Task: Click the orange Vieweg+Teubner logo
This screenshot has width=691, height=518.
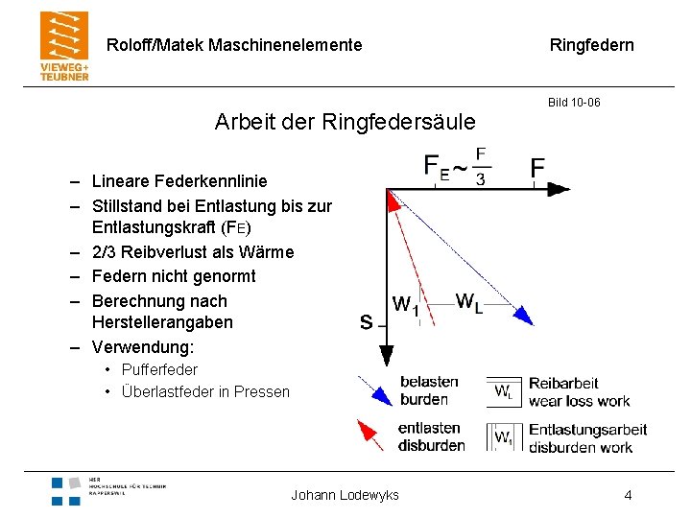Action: (64, 46)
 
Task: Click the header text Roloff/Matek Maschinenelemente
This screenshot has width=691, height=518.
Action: (234, 45)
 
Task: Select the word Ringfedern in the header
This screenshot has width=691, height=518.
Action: (591, 45)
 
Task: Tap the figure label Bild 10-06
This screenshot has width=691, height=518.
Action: (574, 102)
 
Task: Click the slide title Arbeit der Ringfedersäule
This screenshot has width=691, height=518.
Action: (345, 122)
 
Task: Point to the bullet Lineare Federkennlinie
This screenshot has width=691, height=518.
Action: (179, 181)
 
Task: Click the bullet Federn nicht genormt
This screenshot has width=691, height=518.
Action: (174, 276)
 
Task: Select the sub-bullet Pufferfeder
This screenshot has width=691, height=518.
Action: (159, 369)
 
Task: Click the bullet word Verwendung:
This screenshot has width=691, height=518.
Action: (142, 346)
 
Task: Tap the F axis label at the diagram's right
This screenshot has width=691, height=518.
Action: (537, 169)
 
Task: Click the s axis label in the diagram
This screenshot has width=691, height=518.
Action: (366, 322)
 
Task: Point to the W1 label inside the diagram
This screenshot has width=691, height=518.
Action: (406, 305)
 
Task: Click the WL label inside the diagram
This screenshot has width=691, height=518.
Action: (468, 302)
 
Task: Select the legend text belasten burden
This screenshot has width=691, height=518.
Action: (428, 390)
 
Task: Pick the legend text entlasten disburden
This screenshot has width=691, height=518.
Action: (431, 436)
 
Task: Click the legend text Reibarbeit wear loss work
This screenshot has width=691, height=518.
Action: (579, 391)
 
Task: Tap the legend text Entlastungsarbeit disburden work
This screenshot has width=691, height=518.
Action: (587, 437)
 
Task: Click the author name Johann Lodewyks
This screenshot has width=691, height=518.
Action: (345, 495)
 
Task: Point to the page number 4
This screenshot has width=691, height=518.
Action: (628, 495)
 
